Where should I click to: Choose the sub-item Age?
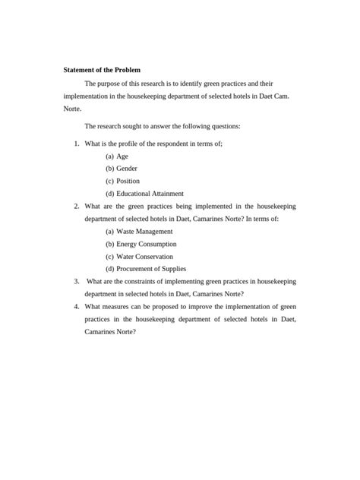(122, 156)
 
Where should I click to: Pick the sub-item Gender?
(127, 168)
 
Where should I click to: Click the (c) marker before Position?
(110, 181)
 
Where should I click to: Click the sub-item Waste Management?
(144, 231)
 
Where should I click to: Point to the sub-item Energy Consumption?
(146, 244)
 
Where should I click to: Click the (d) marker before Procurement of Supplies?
(110, 268)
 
